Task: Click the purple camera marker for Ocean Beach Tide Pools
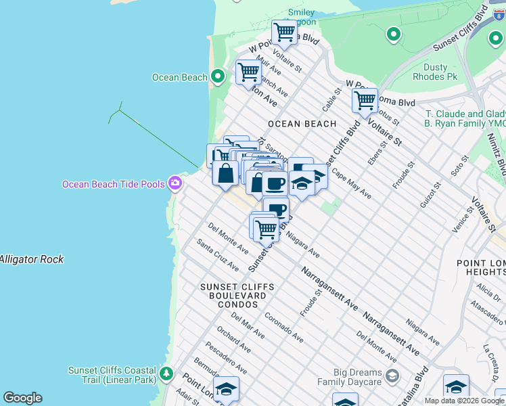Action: pos(175,183)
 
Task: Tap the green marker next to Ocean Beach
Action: pos(217,76)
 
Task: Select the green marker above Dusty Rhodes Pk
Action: pos(393,34)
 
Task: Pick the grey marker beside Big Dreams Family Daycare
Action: pos(392,376)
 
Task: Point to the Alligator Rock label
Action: pos(32,259)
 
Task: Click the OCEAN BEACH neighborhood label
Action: pos(302,124)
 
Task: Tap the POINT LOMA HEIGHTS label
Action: pos(480,267)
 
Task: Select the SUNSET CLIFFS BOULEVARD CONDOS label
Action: pos(237,296)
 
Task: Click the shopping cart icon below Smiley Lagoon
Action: pos(284,31)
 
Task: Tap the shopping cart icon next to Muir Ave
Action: pos(248,71)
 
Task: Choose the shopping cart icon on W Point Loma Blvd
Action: pos(365,100)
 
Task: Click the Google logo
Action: pos(22,398)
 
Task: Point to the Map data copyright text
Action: pos(464,401)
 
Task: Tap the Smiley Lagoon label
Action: pos(301,17)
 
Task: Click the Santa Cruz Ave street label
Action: pos(217,254)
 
